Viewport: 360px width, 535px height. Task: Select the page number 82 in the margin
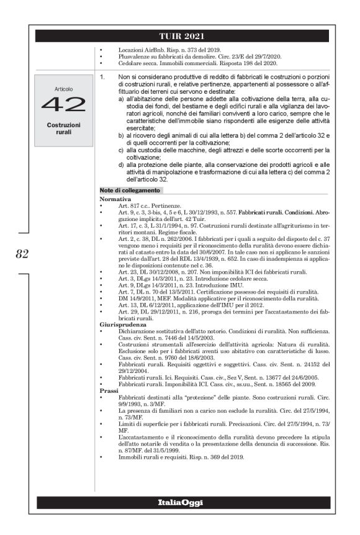tap(22, 253)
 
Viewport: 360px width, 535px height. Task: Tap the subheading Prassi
tap(109, 390)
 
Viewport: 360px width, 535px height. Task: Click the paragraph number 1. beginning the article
tap(103, 76)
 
